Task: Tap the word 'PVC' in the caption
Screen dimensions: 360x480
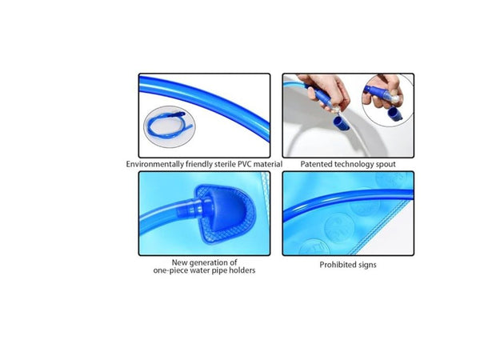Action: coord(242,164)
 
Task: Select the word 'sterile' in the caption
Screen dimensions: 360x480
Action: coord(219,164)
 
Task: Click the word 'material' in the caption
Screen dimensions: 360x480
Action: coord(266,164)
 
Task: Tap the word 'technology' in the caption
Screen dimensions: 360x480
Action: coord(352,164)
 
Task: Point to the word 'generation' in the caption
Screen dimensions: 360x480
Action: coord(210,262)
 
